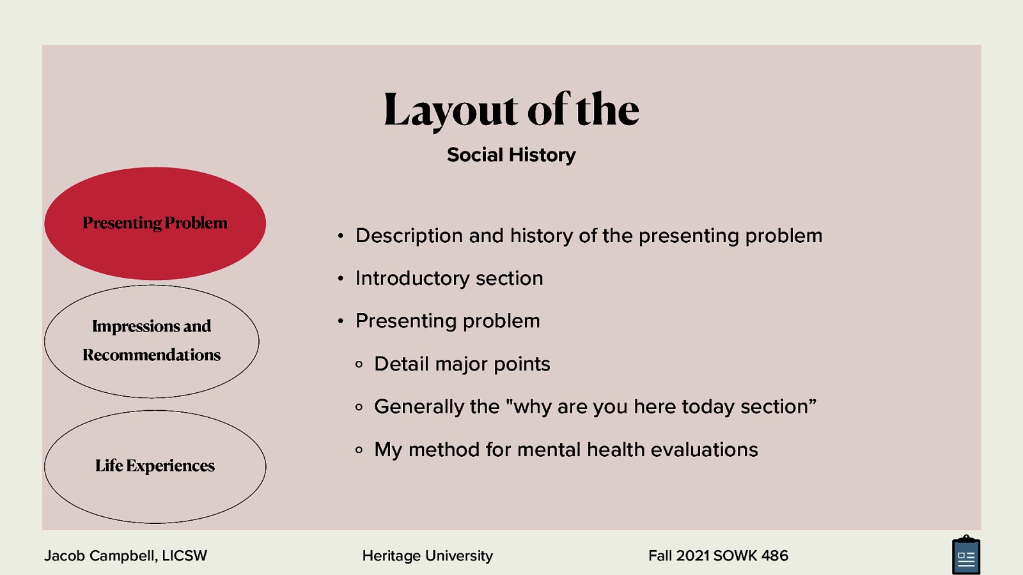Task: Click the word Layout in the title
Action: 450,110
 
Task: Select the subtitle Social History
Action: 511,155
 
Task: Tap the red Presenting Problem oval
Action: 155,223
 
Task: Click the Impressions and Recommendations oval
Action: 152,341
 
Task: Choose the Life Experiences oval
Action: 155,466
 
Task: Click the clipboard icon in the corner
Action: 965,556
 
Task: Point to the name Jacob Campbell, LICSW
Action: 125,556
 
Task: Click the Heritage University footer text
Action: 427,556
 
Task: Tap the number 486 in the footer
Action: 774,556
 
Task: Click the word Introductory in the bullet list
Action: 412,279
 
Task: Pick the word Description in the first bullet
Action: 409,236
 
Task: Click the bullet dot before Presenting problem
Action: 341,321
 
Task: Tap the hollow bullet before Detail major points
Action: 359,364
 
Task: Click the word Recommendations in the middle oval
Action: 152,355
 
